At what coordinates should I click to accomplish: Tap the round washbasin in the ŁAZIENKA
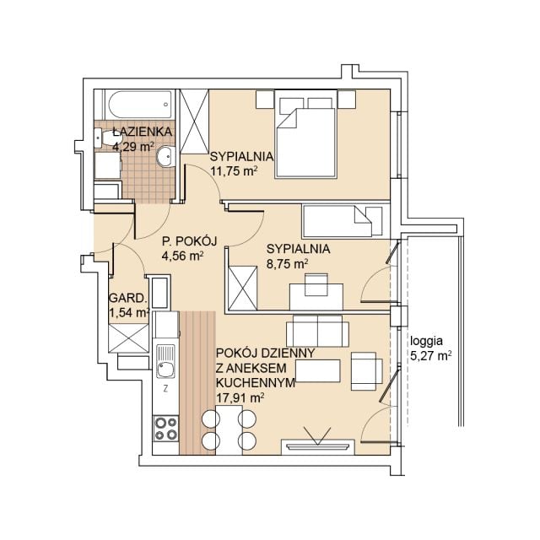166,157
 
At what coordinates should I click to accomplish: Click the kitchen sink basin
165,370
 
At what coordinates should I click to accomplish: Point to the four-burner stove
165,429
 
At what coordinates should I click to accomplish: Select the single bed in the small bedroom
343,222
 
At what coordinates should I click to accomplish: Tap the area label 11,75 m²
234,171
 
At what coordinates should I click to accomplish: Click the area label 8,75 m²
287,264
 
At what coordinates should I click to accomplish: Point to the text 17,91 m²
240,398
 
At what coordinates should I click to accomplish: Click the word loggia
426,341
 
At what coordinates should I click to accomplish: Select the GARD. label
127,298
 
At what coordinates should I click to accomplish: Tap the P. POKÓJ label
190,241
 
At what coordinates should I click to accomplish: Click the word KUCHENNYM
256,382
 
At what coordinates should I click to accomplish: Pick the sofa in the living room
317,330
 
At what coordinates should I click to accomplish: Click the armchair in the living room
366,371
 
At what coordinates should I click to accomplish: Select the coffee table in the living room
318,371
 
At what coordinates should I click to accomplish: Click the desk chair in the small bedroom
316,284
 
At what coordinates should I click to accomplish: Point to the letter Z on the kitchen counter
165,389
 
